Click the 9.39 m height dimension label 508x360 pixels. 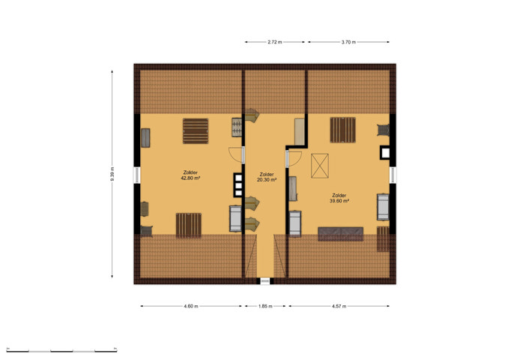112,174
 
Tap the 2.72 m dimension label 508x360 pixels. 275,42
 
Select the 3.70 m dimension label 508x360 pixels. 348,42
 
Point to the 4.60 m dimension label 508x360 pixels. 191,306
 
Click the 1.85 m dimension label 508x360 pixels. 265,306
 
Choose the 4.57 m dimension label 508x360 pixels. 339,306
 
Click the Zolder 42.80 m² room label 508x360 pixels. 190,175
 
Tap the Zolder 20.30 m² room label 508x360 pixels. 267,177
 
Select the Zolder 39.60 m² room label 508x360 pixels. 339,198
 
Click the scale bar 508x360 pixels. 61,350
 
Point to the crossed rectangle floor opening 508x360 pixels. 320,166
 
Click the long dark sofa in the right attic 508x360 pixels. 340,234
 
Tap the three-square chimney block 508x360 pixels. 238,185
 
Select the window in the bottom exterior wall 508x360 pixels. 265,280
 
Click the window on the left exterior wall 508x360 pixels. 137,175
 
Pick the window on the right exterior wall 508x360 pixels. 393,175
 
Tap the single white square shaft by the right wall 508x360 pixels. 385,152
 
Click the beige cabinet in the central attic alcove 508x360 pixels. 300,132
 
